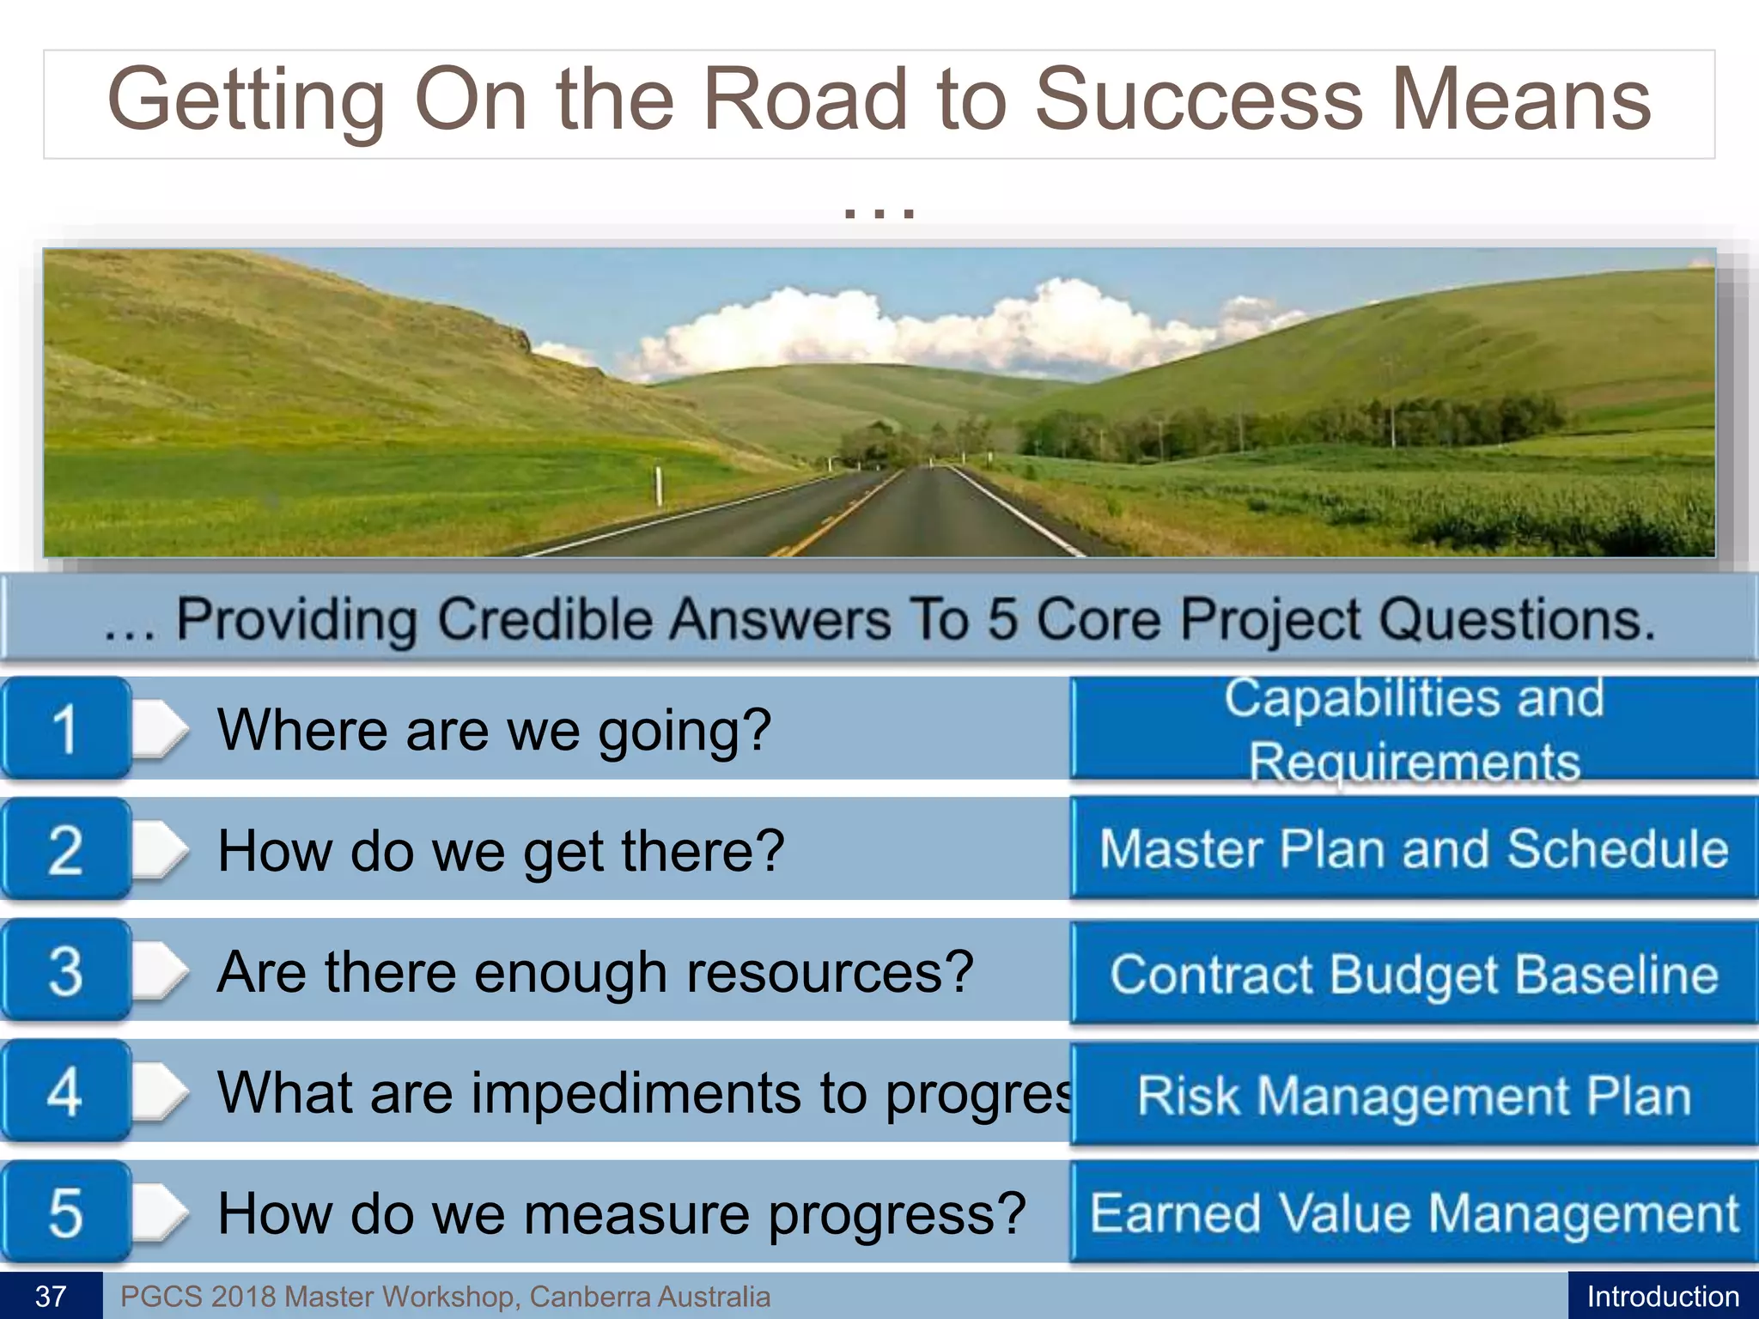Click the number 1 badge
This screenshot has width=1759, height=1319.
(65, 729)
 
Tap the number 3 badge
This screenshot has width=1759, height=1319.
(65, 971)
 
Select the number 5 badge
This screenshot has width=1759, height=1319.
(65, 1213)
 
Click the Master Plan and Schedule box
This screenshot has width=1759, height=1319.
(1414, 848)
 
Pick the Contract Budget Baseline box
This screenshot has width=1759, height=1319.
(1414, 973)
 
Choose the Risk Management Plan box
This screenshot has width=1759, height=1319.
(1414, 1095)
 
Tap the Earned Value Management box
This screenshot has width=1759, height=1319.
(1414, 1213)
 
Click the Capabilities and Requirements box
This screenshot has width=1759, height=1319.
(1414, 729)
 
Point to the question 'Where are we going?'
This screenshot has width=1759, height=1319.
(494, 731)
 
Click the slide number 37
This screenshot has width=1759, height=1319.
(51, 1296)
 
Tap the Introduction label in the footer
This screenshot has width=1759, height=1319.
(1663, 1296)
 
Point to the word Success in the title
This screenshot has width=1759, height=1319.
(1197, 100)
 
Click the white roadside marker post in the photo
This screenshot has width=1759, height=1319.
(659, 485)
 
